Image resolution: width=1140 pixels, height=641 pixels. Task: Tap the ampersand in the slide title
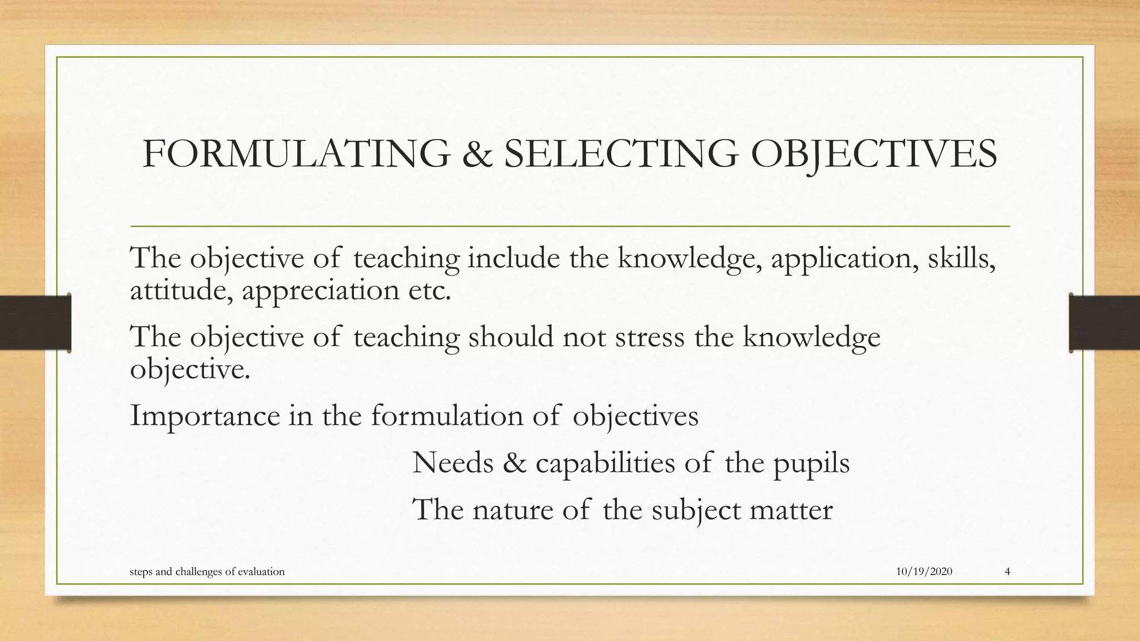coord(477,154)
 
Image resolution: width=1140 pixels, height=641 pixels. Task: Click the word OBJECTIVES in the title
coord(873,154)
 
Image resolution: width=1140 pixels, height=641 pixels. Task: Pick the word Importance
coord(205,416)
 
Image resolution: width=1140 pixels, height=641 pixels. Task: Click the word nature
coord(512,510)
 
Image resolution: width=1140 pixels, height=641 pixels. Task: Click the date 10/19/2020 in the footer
coord(924,571)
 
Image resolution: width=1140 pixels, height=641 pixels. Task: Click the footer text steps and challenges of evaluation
coord(207,572)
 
